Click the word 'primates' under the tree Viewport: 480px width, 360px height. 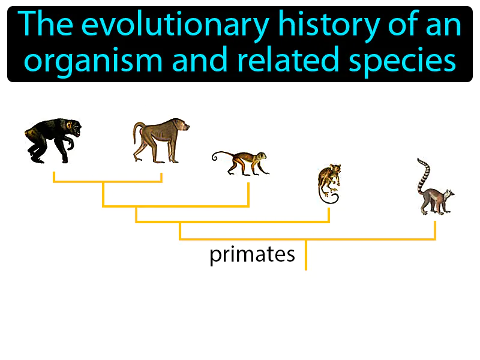pos(252,255)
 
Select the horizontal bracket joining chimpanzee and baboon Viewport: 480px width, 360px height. pos(107,181)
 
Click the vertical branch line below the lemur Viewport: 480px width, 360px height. pos(434,230)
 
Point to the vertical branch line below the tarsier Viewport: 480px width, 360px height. pos(329,214)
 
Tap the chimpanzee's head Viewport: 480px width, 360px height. pos(73,128)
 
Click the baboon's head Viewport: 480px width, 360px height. pos(182,126)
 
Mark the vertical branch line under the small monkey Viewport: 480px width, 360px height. pos(248,193)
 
